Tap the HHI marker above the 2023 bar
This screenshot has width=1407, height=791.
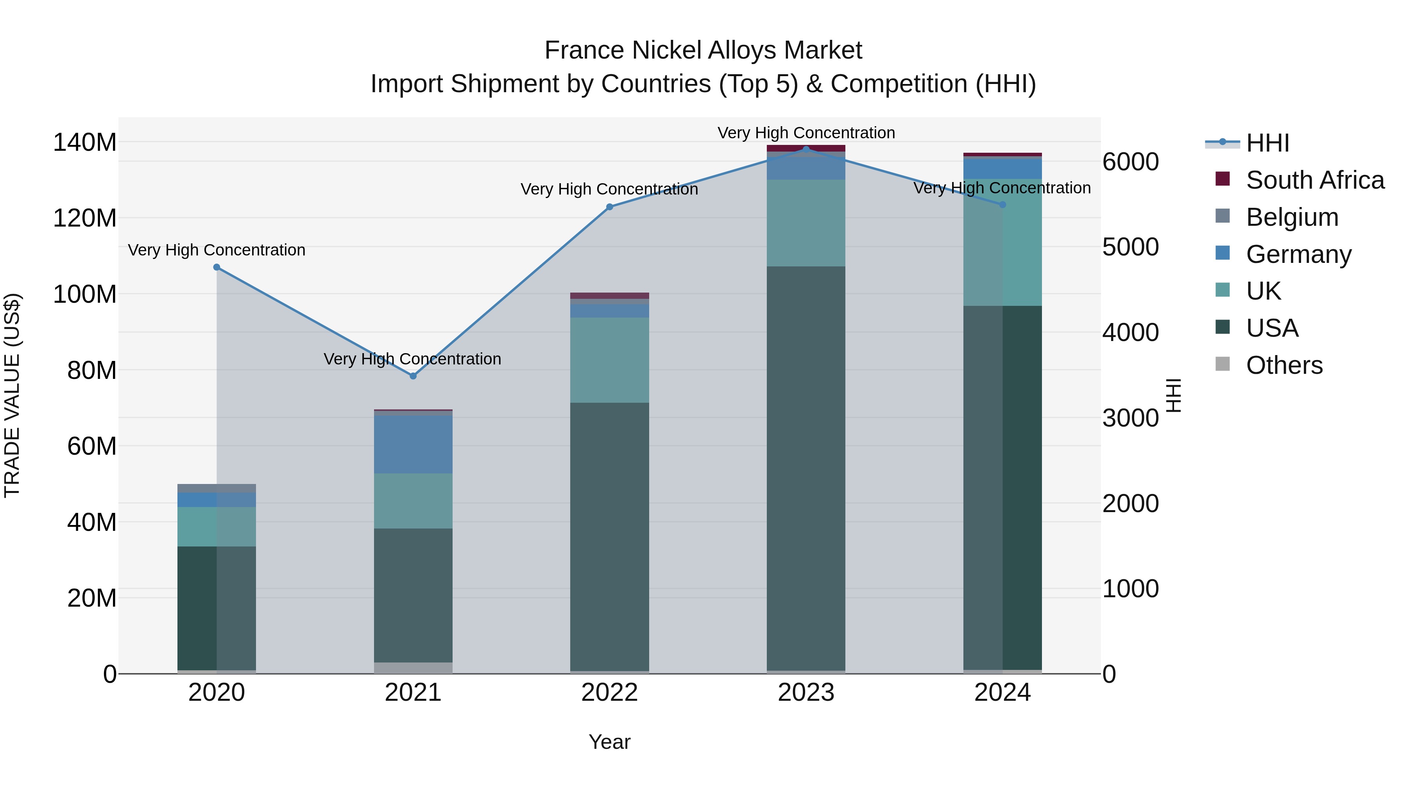pos(806,149)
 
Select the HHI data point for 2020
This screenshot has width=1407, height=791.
pos(217,267)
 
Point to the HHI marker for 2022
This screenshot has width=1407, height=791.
pos(610,207)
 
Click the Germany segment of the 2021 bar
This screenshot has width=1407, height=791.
pos(413,445)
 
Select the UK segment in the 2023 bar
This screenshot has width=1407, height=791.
pos(806,223)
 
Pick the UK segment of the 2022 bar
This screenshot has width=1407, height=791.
pos(610,360)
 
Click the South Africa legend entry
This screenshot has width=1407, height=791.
pos(1315,180)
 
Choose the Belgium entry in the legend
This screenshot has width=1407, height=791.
pos(1292,217)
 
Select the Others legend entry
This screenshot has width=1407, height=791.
pos(1284,365)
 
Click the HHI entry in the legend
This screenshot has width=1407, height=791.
pos(1267,143)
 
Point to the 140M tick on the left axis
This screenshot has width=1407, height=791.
pos(85,143)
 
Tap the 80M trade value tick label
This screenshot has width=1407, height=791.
pos(92,370)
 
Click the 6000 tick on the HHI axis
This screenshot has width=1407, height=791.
pos(1130,162)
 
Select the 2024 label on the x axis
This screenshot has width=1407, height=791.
pos(1002,693)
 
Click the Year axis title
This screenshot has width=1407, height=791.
pos(610,742)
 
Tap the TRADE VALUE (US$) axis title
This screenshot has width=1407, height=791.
pos(13,395)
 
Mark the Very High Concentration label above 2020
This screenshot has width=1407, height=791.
pos(217,250)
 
